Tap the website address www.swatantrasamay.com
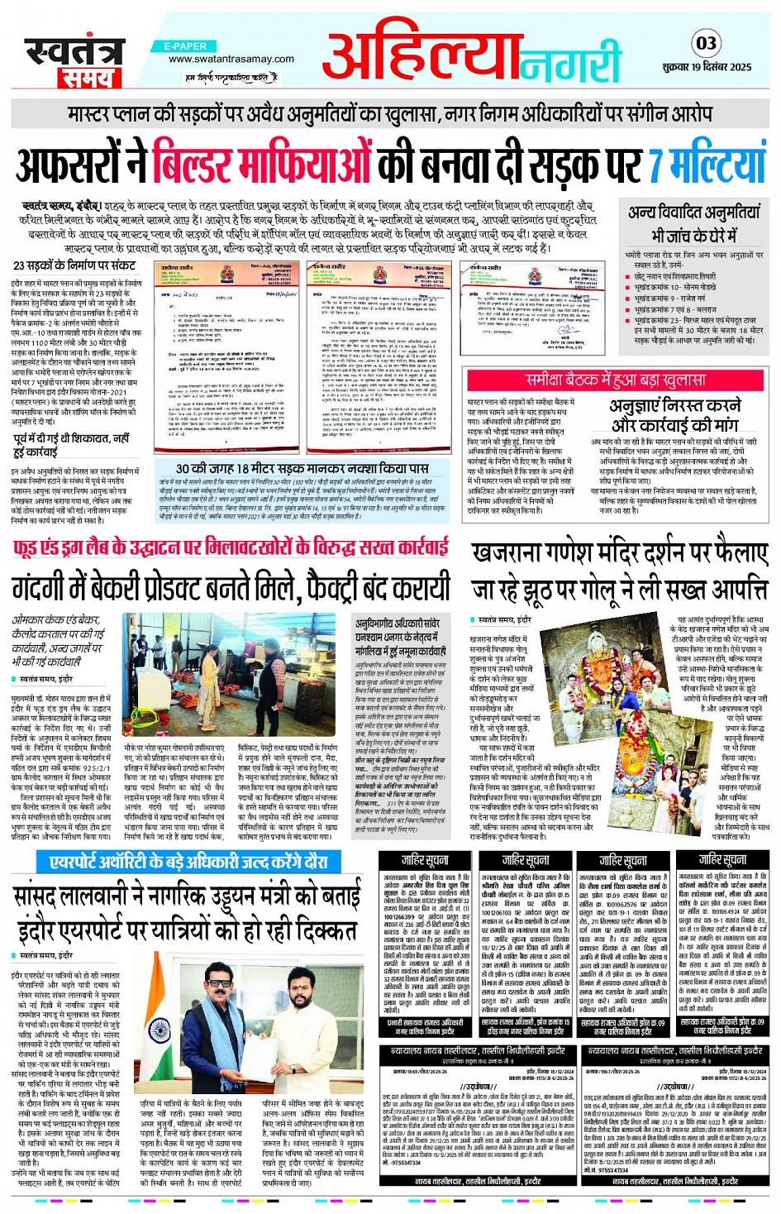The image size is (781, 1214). coord(231,59)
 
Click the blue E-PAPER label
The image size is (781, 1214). coord(185,46)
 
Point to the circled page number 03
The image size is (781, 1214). coord(706,43)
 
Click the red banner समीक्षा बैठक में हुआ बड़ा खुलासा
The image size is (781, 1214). coord(616,380)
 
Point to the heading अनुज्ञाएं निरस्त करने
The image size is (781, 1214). coord(675,406)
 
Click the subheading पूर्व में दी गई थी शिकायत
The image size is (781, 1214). coord(71,438)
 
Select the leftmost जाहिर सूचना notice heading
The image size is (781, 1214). coord(426,860)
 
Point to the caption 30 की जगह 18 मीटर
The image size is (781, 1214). coord(302,469)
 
